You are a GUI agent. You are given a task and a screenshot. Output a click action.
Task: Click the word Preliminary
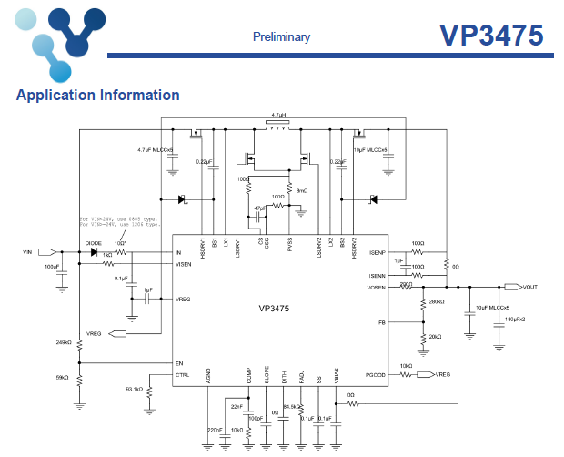tap(281, 37)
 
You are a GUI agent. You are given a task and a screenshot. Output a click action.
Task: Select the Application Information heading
tap(98, 95)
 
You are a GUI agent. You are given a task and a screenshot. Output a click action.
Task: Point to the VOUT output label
tap(529, 286)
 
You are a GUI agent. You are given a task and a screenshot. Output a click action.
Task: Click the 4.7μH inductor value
tap(278, 117)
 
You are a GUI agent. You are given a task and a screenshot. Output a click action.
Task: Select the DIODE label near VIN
tap(93, 243)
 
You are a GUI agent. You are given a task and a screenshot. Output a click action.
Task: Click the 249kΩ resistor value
tap(64, 342)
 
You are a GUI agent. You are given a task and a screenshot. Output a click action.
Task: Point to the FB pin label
tap(382, 322)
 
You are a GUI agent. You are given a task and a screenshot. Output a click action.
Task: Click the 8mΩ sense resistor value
tap(304, 190)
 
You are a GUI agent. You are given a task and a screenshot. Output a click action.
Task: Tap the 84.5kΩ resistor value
tap(292, 406)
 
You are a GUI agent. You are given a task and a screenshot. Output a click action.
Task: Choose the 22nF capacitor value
tap(237, 405)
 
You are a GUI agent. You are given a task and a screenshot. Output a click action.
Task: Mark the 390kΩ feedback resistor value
tap(436, 301)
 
